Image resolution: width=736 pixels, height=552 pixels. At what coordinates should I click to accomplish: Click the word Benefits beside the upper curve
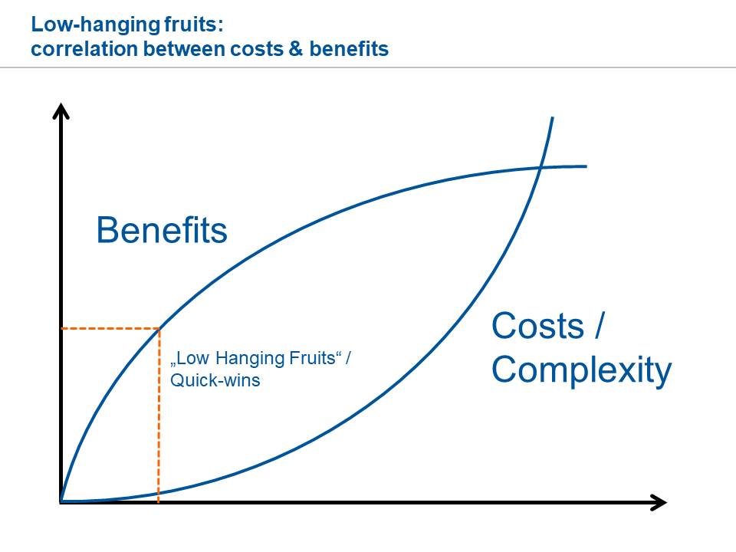tap(162, 230)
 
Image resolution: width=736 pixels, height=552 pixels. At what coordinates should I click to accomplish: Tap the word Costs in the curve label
tap(538, 326)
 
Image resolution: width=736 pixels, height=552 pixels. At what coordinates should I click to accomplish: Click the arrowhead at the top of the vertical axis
tap(61, 111)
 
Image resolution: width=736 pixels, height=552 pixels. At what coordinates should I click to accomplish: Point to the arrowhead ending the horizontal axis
tap(658, 502)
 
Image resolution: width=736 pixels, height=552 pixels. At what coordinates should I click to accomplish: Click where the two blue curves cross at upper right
tap(540, 167)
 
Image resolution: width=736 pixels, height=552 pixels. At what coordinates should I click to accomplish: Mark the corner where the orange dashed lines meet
tap(159, 329)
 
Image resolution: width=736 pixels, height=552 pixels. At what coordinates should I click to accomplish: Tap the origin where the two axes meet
tap(61, 502)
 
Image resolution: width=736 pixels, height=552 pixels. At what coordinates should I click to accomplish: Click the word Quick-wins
tap(215, 380)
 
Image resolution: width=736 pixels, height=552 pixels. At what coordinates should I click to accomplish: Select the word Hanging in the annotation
tap(250, 359)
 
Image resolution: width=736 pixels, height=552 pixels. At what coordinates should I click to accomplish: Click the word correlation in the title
tap(84, 49)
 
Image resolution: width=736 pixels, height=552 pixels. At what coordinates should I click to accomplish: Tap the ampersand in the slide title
tap(296, 49)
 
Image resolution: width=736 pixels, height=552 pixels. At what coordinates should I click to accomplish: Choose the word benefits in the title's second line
tap(349, 49)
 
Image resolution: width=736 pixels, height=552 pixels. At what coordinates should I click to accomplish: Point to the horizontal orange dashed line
tap(110, 329)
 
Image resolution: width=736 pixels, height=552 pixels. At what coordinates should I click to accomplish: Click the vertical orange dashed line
tap(159, 416)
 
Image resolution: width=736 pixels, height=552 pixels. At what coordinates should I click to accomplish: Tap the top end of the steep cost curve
tap(553, 117)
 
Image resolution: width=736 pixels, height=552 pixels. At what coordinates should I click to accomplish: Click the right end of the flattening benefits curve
tap(586, 166)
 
